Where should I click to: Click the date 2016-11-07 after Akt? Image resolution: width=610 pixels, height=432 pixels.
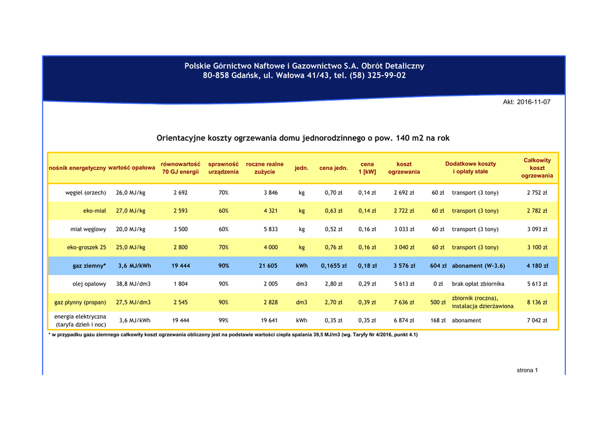pyautogui.click(x=533, y=102)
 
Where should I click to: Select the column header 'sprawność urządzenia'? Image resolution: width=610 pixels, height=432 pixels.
pyautogui.click(x=223, y=167)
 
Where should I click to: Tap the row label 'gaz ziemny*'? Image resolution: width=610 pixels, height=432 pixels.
pyautogui.click(x=89, y=266)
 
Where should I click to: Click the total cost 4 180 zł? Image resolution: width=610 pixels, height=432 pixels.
pyautogui.click(x=537, y=266)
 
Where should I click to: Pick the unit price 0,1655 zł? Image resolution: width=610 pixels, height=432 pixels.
pyautogui.click(x=334, y=266)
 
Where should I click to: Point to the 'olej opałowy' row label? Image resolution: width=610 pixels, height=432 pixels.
pyautogui.click(x=89, y=284)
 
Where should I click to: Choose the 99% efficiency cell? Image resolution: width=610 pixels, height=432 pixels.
pyautogui.click(x=223, y=320)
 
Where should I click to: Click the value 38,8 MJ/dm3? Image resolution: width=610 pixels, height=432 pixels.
pyautogui.click(x=133, y=284)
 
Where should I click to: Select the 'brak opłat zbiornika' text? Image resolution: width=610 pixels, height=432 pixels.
pyautogui.click(x=478, y=284)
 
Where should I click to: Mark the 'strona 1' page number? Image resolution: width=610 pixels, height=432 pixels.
pyautogui.click(x=527, y=371)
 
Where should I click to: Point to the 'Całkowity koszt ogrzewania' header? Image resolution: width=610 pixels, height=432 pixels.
pyautogui.click(x=537, y=167)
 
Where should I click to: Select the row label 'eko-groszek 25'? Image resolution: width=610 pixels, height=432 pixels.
pyautogui.click(x=86, y=247)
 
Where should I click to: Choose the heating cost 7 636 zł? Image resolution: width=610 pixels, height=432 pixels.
pyautogui.click(x=404, y=302)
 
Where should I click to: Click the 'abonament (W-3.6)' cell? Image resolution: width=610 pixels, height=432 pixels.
pyautogui.click(x=479, y=266)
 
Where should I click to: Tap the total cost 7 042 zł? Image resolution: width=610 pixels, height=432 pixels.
pyautogui.click(x=537, y=320)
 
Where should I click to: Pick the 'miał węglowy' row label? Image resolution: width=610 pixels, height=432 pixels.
pyautogui.click(x=88, y=229)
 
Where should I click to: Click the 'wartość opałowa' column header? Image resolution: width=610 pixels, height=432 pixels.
pyautogui.click(x=132, y=167)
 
